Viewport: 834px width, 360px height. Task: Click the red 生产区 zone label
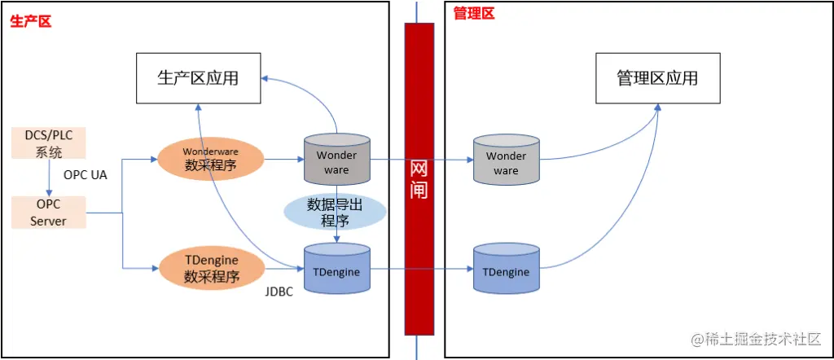coord(31,21)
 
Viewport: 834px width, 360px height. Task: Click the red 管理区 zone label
coord(473,13)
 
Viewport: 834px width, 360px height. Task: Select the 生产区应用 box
coord(198,78)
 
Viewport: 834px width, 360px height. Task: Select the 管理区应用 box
coord(657,78)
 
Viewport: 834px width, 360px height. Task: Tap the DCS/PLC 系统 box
coord(49,143)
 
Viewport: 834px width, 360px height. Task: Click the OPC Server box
coord(49,212)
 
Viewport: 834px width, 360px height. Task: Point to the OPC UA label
coord(86,175)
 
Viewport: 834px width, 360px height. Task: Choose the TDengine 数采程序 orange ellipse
coord(212,268)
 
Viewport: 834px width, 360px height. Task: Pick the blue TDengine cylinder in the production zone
coord(336,269)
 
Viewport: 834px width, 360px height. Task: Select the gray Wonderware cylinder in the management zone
coord(506,160)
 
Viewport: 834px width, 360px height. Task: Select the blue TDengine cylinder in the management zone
coord(506,269)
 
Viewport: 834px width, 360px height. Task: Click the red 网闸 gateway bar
coord(419,179)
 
